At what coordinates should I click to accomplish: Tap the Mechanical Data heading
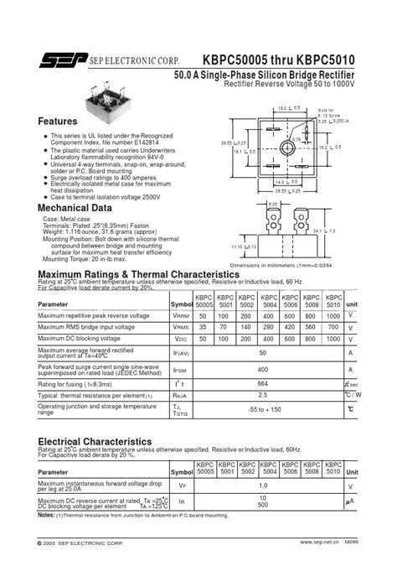[75, 208]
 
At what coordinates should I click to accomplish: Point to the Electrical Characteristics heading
[95, 441]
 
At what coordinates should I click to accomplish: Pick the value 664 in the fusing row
[262, 385]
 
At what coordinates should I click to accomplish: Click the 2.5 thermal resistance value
[262, 394]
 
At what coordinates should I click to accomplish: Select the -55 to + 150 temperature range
[264, 408]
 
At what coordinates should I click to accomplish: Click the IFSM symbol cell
[179, 369]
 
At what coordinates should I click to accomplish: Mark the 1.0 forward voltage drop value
[263, 486]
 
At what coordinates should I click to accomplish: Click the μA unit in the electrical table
[351, 501]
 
